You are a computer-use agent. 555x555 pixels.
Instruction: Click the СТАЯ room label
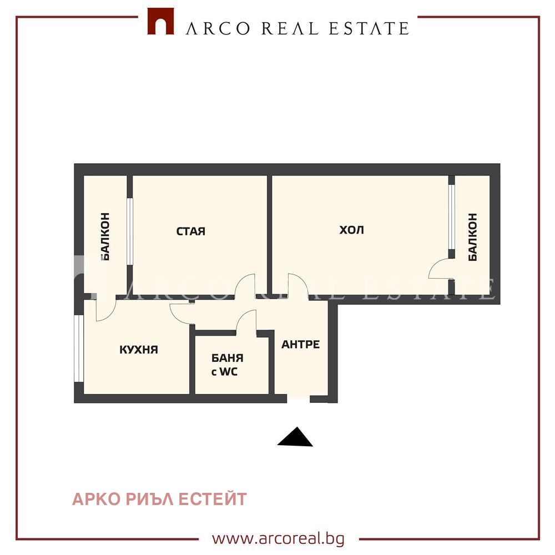[191, 231]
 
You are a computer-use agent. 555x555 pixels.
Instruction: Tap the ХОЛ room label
[351, 230]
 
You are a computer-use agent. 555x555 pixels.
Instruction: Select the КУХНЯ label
[139, 350]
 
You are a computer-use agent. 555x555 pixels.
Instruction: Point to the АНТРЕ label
[300, 345]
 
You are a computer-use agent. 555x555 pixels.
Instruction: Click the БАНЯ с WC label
[227, 365]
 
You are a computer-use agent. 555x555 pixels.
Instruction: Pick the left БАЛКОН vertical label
[105, 236]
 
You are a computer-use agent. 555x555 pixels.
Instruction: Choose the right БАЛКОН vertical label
[472, 237]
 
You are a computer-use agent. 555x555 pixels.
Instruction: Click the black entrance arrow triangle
[295, 437]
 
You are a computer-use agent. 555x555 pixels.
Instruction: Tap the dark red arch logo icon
[161, 21]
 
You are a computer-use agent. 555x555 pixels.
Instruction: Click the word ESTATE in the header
[369, 29]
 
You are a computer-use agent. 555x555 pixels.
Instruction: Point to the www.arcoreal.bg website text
[278, 538]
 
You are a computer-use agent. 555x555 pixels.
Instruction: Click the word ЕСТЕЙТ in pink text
[213, 499]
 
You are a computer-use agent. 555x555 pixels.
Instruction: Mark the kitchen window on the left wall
[79, 349]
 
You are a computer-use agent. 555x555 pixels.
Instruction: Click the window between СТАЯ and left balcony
[129, 231]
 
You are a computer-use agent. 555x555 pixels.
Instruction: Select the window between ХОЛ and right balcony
[451, 216]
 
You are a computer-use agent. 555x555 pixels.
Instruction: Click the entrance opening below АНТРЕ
[299, 398]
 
